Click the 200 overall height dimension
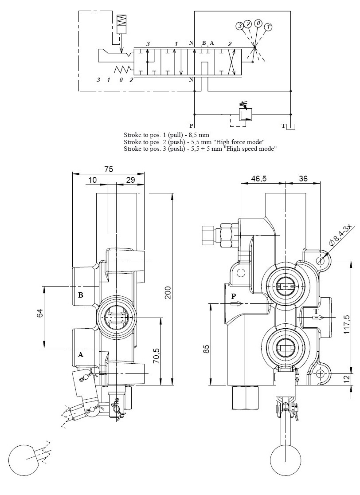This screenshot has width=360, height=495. pyautogui.click(x=168, y=292)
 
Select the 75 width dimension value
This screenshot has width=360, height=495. pyautogui.click(x=108, y=169)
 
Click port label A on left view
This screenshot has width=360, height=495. pyautogui.click(x=81, y=354)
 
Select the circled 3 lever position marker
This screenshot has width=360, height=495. pyautogui.click(x=240, y=26)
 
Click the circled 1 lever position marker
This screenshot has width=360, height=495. pyautogui.click(x=267, y=27)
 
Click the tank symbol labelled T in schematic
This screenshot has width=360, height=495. pyautogui.click(x=290, y=128)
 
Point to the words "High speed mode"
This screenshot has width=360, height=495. pyautogui.click(x=251, y=149)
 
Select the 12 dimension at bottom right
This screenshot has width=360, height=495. pyautogui.click(x=347, y=378)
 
